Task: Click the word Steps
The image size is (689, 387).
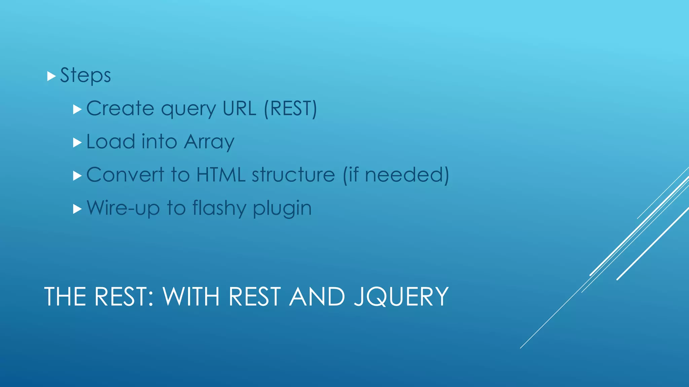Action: pos(85,75)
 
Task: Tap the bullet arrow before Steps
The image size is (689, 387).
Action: pos(51,76)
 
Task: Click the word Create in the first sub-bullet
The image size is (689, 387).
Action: pos(120,109)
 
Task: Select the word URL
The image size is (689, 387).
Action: pos(239,109)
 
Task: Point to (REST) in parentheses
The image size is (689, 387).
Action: pos(290,109)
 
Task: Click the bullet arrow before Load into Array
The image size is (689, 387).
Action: pos(77,142)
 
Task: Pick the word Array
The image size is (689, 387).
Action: pos(209,142)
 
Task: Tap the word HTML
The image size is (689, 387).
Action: pos(221,175)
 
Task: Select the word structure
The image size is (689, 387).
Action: pos(293,175)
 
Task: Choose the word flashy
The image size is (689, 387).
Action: pos(219,208)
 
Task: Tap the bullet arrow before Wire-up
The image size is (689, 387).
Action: pos(77,209)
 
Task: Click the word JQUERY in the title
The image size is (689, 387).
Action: pos(401,297)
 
